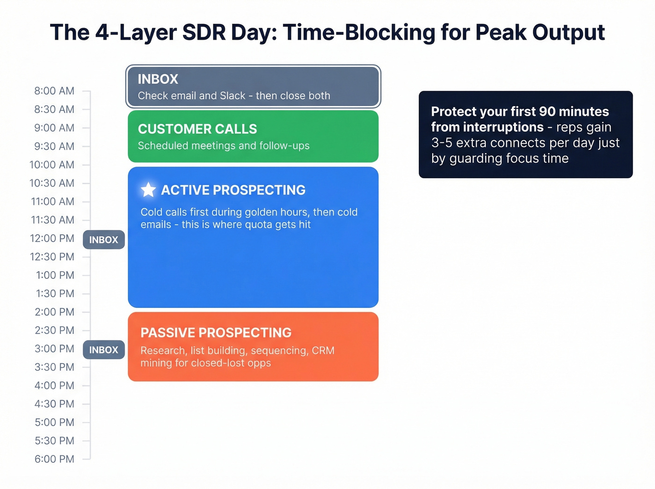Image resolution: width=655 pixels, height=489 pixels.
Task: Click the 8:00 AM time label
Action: pyautogui.click(x=54, y=91)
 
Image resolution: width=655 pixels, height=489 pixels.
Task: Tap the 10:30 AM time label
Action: pyautogui.click(x=51, y=183)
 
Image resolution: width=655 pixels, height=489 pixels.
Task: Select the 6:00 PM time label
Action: pyautogui.click(x=54, y=459)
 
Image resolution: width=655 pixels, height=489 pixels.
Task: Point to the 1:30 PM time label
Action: pyautogui.click(x=55, y=293)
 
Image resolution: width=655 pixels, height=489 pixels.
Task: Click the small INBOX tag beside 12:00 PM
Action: pyautogui.click(x=103, y=240)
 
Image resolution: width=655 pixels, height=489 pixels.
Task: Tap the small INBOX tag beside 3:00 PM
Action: pyautogui.click(x=103, y=350)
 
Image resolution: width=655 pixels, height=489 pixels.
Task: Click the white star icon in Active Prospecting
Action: pyautogui.click(x=148, y=190)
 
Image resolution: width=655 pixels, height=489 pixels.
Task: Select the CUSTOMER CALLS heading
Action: pyautogui.click(x=197, y=129)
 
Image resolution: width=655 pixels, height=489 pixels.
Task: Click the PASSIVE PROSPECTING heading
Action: pyautogui.click(x=216, y=332)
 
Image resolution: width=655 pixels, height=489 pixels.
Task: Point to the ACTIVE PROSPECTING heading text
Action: pyautogui.click(x=233, y=190)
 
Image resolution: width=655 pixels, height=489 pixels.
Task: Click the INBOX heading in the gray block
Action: pyautogui.click(x=158, y=79)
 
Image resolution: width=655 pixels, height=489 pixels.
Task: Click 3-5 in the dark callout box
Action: pyautogui.click(x=442, y=143)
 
